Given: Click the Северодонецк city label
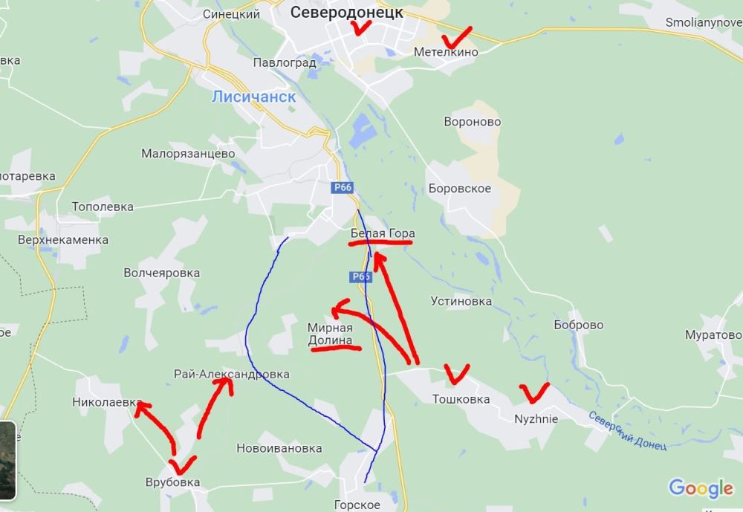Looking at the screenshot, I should pyautogui.click(x=346, y=12).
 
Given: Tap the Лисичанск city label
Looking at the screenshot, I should pyautogui.click(x=253, y=97).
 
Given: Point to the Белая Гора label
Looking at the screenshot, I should pyautogui.click(x=383, y=234).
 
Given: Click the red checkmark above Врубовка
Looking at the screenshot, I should pyautogui.click(x=183, y=464).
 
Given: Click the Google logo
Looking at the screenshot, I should pyautogui.click(x=700, y=488).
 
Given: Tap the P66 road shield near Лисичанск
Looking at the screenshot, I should pyautogui.click(x=343, y=188).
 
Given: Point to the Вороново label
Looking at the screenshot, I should pyautogui.click(x=472, y=122).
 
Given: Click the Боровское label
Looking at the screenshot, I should pyautogui.click(x=459, y=189).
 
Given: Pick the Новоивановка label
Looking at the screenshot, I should pyautogui.click(x=279, y=448).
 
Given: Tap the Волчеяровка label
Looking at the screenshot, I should pyautogui.click(x=162, y=273).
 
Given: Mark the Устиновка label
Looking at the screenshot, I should pyautogui.click(x=461, y=301).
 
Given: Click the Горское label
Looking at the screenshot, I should pyautogui.click(x=357, y=505).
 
